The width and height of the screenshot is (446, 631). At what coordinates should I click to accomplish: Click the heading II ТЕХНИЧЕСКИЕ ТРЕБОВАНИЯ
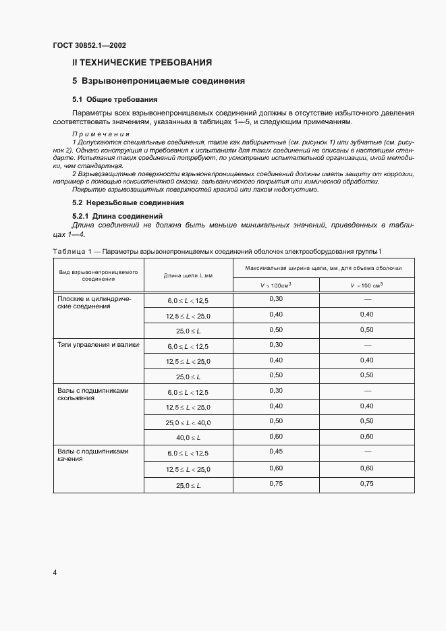tap(142, 63)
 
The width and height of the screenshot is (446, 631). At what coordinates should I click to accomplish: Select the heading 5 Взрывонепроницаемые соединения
tap(158, 82)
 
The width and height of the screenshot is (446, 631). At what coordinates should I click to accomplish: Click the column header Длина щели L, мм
tap(188, 275)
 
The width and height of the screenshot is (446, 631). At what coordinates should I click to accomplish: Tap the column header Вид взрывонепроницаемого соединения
tap(99, 275)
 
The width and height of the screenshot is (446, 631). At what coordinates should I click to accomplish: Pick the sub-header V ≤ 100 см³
tap(275, 285)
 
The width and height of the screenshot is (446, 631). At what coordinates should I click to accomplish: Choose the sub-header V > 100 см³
tap(366, 285)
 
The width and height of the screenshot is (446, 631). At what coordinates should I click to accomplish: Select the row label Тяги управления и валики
tap(99, 345)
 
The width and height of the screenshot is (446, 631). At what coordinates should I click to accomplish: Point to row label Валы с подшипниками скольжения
tap(93, 394)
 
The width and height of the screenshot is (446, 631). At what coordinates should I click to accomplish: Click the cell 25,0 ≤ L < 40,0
tap(188, 422)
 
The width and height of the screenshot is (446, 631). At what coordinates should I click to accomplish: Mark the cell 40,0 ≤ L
tap(188, 438)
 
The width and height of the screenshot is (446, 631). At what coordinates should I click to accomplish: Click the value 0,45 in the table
tap(275, 451)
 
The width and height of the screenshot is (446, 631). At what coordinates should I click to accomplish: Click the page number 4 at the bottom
tap(55, 572)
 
